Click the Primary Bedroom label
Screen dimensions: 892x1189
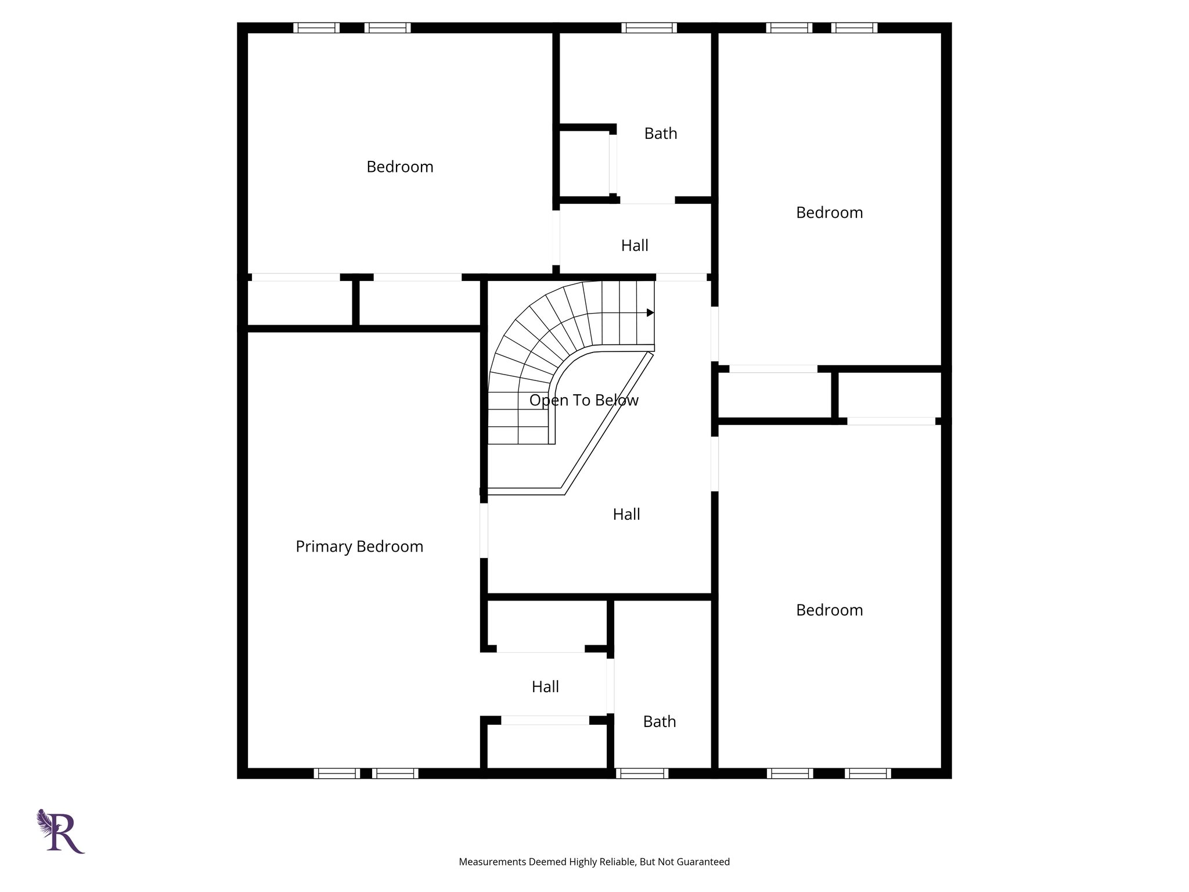coord(359,546)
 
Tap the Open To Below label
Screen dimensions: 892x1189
coord(583,400)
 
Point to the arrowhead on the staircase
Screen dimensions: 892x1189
coord(650,313)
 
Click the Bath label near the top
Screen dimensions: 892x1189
coord(661,134)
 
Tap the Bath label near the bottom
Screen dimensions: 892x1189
coord(660,721)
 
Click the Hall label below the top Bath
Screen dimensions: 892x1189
coord(635,246)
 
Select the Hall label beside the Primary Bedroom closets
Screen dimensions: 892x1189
coord(545,687)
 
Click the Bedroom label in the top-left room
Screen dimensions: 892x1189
coord(400,167)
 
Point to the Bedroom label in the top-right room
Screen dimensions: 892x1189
coord(829,213)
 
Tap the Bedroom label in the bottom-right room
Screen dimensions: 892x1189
coord(829,610)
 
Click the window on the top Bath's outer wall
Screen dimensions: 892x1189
coord(649,28)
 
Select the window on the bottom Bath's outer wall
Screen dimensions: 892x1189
coord(642,774)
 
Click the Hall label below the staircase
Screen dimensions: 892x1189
coord(626,514)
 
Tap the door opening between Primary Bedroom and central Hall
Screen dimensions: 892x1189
coord(484,531)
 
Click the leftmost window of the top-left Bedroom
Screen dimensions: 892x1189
coord(316,28)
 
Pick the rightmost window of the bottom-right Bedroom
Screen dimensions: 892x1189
coord(867,774)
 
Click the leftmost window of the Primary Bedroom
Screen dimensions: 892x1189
coord(337,774)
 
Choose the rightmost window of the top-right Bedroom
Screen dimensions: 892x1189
coord(854,28)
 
